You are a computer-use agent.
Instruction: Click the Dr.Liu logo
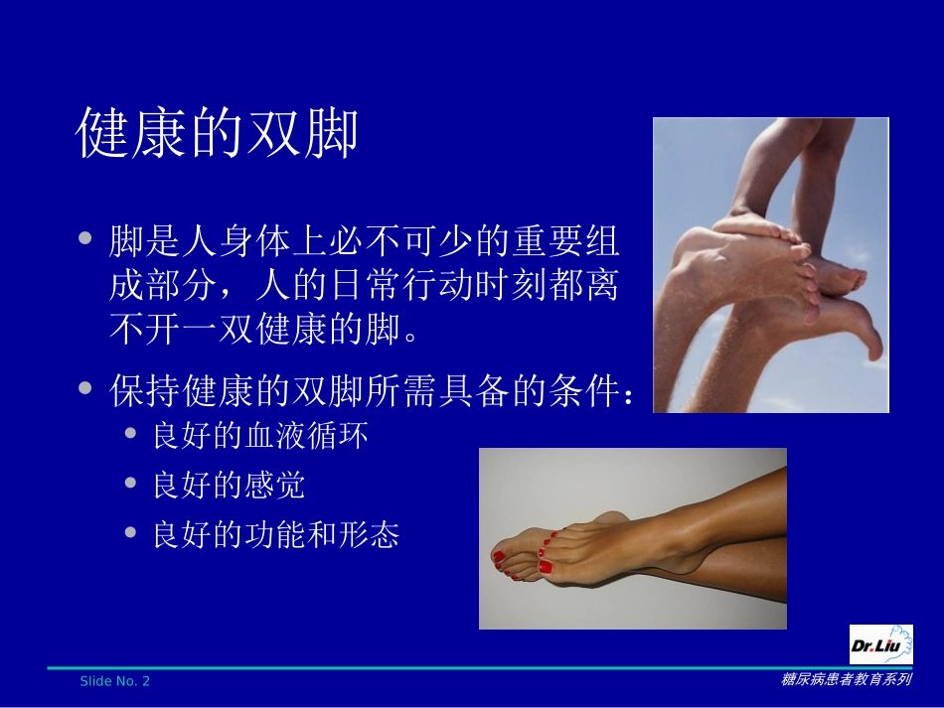pos(880,645)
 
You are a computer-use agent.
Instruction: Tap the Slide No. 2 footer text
pos(115,681)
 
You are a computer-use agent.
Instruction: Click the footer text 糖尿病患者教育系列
pos(846,680)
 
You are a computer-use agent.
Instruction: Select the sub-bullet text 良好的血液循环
pos(259,436)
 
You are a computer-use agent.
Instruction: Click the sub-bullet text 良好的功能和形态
pos(275,536)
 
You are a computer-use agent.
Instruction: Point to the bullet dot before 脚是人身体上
pos(87,239)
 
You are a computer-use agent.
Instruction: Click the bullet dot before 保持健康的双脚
pos(87,389)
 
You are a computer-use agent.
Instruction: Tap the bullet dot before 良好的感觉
pos(131,484)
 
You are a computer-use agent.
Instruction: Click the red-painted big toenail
pos(546,567)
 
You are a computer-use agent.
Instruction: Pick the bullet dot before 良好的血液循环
pos(131,434)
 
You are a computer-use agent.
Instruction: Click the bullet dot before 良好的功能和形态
pos(131,534)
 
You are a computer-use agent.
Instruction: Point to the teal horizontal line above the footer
pos(447,667)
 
